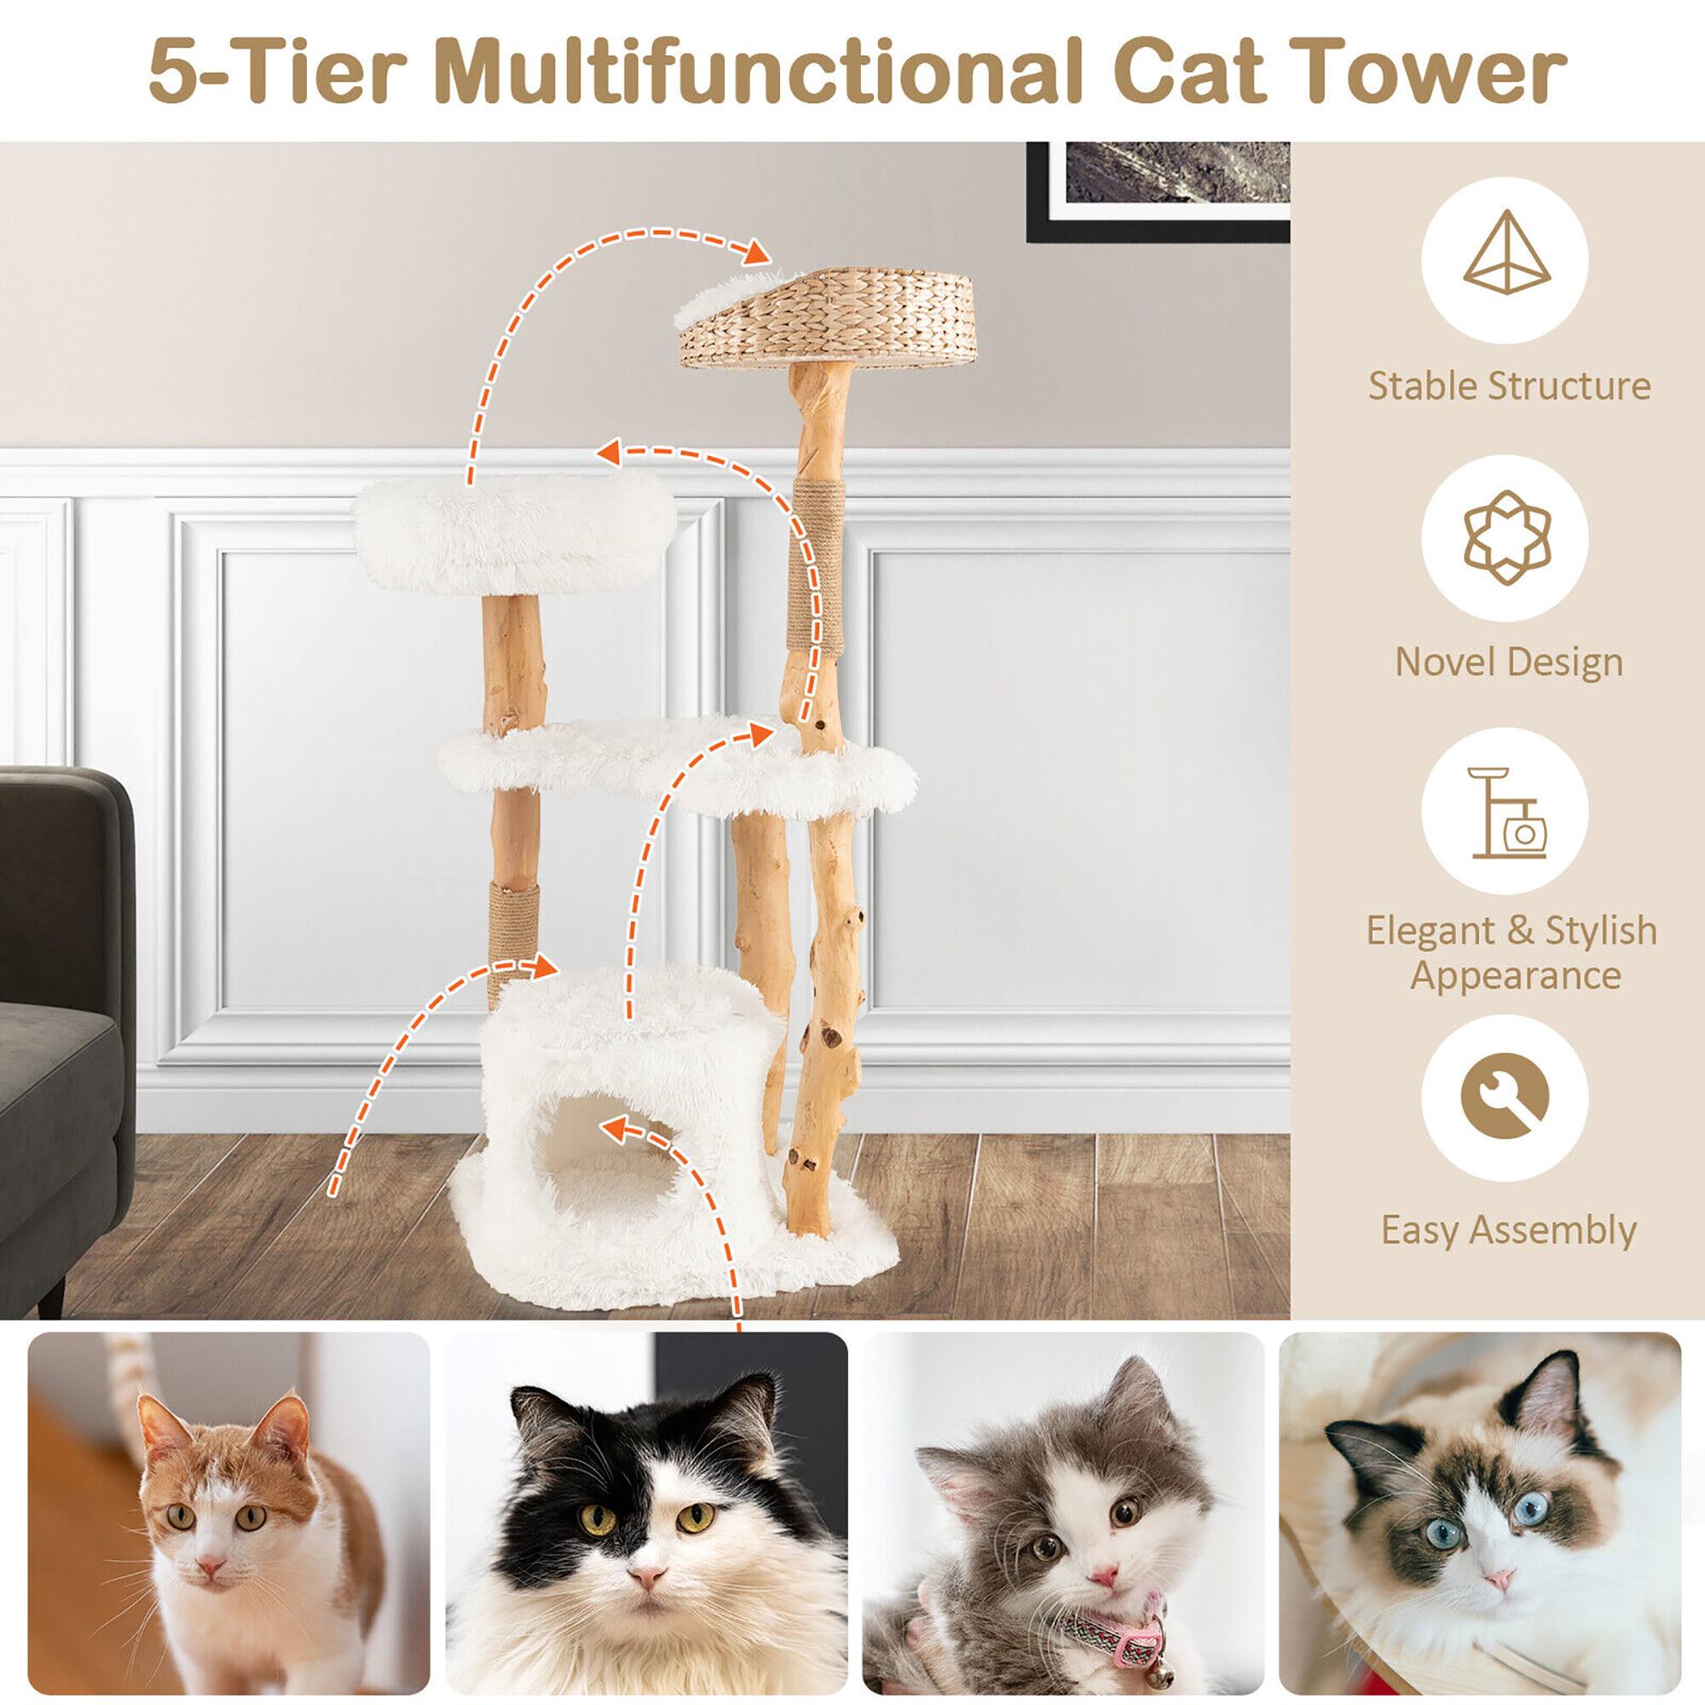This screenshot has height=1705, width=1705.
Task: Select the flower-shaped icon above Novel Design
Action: [1506, 537]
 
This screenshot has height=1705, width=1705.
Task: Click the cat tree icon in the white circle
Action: [1506, 812]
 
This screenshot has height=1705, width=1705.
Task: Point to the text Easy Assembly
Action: [1508, 1229]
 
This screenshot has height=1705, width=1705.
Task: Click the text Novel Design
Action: [1508, 662]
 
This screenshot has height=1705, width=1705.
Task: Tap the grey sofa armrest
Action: [66, 882]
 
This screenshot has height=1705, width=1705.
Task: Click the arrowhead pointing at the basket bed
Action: [756, 253]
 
